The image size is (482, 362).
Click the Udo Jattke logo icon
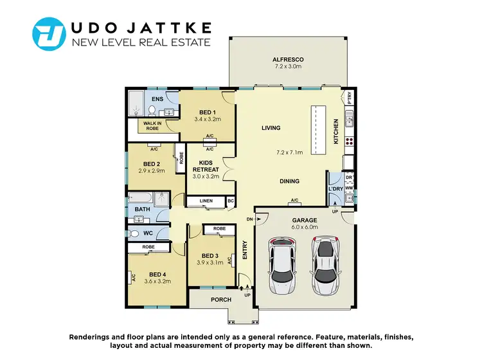click(x=49, y=34)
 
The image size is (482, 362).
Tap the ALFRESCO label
click(x=287, y=60)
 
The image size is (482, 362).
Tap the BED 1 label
click(x=208, y=112)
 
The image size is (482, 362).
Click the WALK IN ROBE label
click(x=152, y=125)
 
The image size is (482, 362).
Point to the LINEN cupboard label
click(x=206, y=201)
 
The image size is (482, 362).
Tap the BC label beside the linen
click(x=231, y=201)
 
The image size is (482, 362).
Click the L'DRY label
click(x=335, y=188)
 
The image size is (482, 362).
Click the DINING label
click(x=289, y=181)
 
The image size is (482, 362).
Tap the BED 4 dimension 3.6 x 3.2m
click(x=157, y=281)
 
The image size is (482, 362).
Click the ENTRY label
click(x=245, y=249)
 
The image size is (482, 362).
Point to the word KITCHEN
click(x=335, y=131)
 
